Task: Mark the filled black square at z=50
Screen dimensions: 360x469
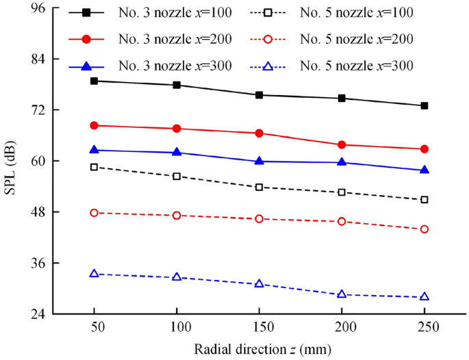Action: pos(94,81)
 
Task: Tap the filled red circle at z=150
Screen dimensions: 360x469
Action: pos(259,133)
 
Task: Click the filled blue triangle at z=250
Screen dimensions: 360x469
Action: pos(424,170)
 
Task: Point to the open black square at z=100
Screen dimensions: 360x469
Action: pos(177,176)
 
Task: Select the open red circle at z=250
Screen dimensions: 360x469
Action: pos(424,229)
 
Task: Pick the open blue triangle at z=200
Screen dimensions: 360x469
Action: pos(342,294)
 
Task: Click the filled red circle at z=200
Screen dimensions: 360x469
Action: pos(342,144)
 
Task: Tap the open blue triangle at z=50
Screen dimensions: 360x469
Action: pos(94,273)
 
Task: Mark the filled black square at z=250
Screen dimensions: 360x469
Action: pos(424,105)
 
